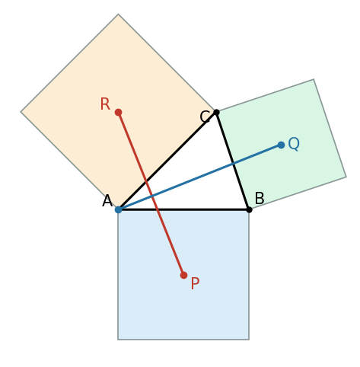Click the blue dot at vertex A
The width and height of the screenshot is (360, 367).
pyautogui.click(x=118, y=209)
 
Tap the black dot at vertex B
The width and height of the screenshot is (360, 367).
pyautogui.click(x=249, y=209)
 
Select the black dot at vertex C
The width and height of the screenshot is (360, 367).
pyautogui.click(x=216, y=112)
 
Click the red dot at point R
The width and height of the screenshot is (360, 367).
pyautogui.click(x=118, y=112)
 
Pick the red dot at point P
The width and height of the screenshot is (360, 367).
pyautogui.click(x=183, y=275)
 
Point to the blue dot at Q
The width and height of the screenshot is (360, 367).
pyautogui.click(x=281, y=145)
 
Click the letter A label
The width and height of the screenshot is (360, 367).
pyautogui.click(x=107, y=201)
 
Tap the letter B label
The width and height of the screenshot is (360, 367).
pyautogui.click(x=260, y=198)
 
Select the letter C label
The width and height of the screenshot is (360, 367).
pyautogui.click(x=205, y=117)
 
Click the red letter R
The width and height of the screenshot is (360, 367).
pyautogui.click(x=105, y=104)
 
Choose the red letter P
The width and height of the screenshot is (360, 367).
pyautogui.click(x=195, y=283)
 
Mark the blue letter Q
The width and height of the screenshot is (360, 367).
pyautogui.click(x=294, y=144)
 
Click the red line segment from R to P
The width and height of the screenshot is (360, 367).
pyautogui.click(x=151, y=193)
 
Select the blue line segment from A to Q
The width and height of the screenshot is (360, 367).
pyautogui.click(x=199, y=177)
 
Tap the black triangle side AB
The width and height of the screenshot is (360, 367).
pyautogui.click(x=183, y=209)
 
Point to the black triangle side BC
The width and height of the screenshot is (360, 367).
pyautogui.click(x=233, y=161)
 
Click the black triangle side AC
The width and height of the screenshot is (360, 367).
pyautogui.click(x=167, y=161)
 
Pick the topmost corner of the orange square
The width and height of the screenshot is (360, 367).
pyautogui.click(x=118, y=14)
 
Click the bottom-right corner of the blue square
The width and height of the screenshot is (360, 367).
pyautogui.click(x=249, y=340)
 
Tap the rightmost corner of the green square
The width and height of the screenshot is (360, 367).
pyautogui.click(x=346, y=177)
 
